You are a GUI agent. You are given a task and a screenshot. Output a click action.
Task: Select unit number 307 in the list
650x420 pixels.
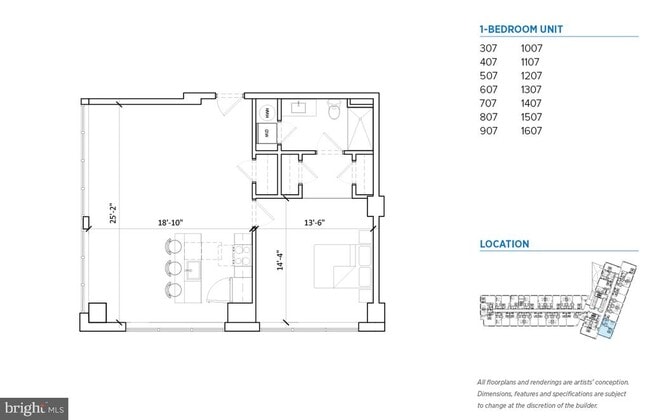tap(489, 47)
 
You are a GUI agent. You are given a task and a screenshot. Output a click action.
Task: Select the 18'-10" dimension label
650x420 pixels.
tap(170, 224)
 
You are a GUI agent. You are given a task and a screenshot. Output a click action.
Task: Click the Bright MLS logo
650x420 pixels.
tap(34, 409)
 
